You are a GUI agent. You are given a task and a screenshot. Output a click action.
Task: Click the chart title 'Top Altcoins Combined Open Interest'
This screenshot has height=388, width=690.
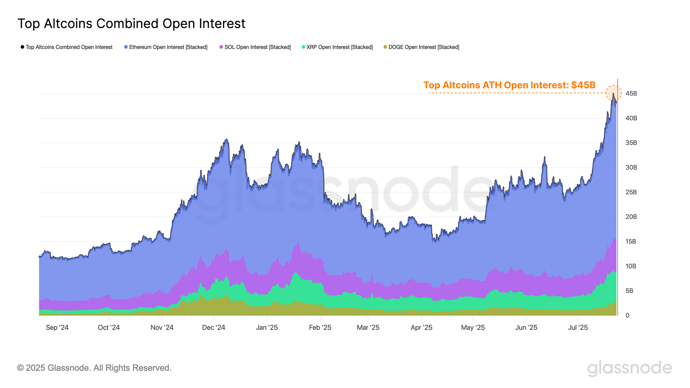pos(131,24)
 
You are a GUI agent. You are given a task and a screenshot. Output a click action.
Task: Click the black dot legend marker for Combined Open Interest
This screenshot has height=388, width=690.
pos(22,47)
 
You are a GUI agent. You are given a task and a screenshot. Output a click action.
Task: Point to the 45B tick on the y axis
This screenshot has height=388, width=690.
pos(631,93)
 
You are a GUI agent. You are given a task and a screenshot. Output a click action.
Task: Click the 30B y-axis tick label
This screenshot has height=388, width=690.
pos(631,168)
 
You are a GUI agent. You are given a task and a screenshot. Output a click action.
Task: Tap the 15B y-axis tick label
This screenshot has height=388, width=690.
pos(631,241)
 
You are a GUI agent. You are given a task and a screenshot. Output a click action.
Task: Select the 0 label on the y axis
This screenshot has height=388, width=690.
pos(627,316)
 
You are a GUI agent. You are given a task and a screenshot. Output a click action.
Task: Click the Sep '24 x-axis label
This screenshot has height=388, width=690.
pos(57,328)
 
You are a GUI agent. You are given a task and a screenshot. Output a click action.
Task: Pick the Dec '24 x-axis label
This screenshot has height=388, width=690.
pos(214,328)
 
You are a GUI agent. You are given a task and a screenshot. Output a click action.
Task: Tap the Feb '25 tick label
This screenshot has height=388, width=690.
pos(320,328)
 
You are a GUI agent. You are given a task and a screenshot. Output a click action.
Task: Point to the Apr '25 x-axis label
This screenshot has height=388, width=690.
pos(421,328)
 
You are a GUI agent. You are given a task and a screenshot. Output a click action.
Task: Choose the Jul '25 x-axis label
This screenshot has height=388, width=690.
pos(578,328)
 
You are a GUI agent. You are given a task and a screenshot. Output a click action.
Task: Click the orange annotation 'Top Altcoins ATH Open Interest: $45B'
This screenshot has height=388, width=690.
pos(509,85)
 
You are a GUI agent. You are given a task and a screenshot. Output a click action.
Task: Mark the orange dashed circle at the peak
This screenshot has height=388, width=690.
pos(613,93)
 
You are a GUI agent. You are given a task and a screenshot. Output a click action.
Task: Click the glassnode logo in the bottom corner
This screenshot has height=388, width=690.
pos(629,368)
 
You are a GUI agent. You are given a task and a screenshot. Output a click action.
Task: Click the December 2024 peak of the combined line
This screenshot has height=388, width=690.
pos(226,139)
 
